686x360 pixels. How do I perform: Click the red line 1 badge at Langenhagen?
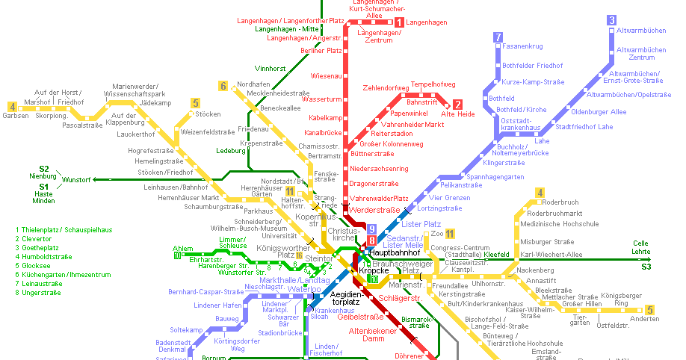[399, 22]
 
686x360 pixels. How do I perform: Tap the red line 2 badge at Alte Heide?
[457, 105]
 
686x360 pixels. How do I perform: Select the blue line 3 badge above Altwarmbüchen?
[611, 20]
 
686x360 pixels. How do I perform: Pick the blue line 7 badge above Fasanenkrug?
[498, 37]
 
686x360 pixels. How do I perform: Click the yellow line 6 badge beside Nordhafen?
[223, 86]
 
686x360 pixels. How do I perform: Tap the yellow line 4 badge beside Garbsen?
[11, 106]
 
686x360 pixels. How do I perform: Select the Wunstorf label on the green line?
[76, 180]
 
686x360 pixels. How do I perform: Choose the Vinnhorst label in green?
[270, 68]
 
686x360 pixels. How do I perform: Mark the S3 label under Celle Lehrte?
[646, 267]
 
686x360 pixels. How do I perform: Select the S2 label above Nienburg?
[44, 168]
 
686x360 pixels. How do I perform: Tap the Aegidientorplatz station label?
[346, 298]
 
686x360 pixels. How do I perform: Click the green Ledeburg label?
[229, 150]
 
